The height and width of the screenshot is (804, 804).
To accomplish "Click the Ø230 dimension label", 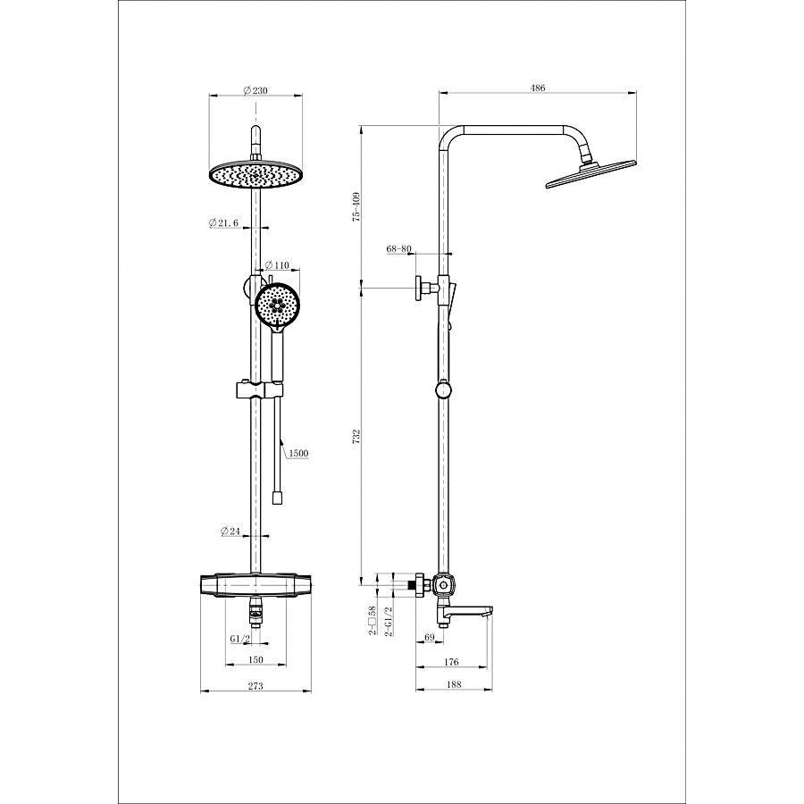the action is [255, 91].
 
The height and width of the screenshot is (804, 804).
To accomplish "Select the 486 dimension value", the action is [538, 88].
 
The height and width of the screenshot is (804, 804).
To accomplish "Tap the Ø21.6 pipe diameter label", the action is [224, 222].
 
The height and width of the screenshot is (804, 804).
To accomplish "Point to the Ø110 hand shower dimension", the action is [277, 265].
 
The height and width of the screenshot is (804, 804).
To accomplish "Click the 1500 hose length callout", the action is [298, 453].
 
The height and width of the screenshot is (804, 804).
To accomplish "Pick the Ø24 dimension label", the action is [230, 532].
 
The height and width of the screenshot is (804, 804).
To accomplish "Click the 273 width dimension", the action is [255, 685].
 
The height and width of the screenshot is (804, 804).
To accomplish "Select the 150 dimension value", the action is [255, 659].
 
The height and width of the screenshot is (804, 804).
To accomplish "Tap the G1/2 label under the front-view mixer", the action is [240, 639].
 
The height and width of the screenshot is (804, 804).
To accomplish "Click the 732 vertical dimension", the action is [357, 437].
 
